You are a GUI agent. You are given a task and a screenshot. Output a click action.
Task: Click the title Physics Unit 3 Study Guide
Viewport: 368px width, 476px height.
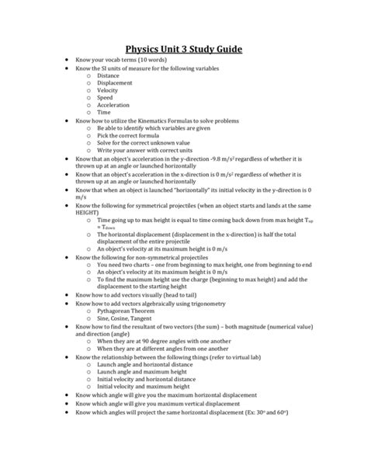[184, 50]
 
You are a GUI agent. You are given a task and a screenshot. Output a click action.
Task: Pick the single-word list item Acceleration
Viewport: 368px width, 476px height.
[113, 106]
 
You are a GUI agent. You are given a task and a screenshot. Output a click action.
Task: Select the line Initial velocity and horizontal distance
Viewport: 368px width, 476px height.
[148, 380]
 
